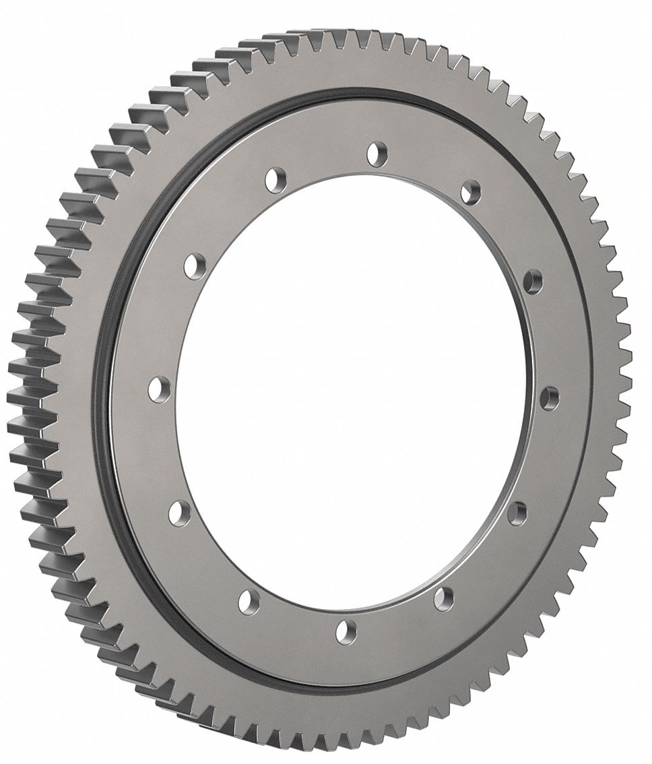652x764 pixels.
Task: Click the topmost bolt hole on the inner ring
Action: (x=377, y=152)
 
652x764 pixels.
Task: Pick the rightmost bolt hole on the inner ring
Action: (x=549, y=398)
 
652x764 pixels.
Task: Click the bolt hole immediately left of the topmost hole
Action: (x=275, y=180)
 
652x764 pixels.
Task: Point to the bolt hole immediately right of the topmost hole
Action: (x=470, y=191)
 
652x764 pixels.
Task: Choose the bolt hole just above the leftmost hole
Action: (x=195, y=263)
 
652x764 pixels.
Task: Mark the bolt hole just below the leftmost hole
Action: (x=179, y=513)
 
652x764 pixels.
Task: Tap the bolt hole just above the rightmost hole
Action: (x=533, y=281)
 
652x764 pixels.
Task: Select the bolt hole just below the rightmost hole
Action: (x=517, y=513)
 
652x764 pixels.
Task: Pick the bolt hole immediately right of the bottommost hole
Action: (x=443, y=598)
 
